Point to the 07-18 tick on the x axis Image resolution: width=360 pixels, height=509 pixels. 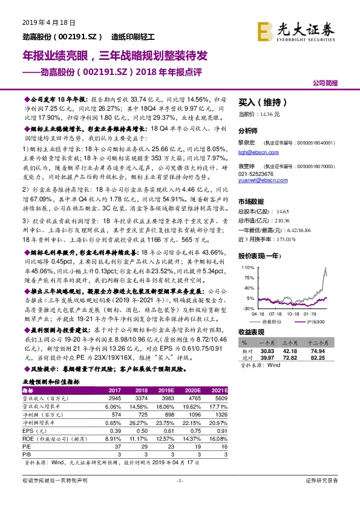point(276,313)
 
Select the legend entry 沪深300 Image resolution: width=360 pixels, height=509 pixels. point(319,321)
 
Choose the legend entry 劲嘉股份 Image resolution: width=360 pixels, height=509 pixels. point(285,321)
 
